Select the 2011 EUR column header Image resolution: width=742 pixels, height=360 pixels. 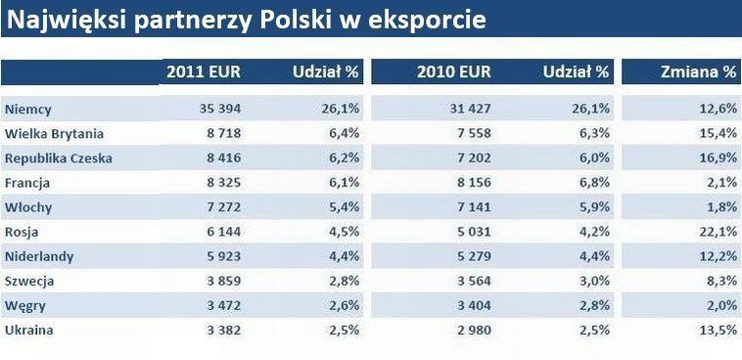204,71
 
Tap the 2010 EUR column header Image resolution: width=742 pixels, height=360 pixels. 453,71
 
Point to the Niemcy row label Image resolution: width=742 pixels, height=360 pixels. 28,109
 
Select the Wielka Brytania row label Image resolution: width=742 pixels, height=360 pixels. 54,133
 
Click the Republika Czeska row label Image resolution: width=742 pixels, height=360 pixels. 59,157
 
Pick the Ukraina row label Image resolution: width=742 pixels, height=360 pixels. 29,330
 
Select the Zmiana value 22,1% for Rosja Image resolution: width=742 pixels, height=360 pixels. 717,231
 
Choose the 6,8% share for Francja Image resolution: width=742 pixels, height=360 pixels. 591,182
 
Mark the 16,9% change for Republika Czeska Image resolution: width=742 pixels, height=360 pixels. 717,157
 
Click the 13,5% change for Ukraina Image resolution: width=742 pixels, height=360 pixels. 717,330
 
